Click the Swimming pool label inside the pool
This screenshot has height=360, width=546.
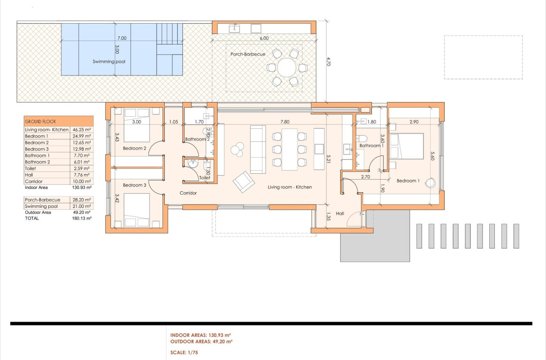[109, 62]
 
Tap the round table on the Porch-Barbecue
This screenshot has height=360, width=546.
[287, 68]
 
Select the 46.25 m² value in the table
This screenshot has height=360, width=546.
[82, 130]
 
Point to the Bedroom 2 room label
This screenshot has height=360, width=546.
[135, 148]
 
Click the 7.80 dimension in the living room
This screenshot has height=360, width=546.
[285, 122]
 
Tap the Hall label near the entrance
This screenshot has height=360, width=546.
[340, 213]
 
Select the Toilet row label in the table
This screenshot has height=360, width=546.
[30, 169]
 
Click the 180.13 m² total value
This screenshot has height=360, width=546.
[82, 218]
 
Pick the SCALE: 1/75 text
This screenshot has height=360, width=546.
[184, 352]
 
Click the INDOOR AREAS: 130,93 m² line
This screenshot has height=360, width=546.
[201, 335]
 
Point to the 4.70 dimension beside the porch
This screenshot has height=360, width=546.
[328, 61]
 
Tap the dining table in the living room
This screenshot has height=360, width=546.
[290, 149]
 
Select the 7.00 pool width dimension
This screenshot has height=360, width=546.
[122, 38]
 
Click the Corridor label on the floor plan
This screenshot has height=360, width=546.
[188, 193]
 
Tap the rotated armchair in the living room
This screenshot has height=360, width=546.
[244, 182]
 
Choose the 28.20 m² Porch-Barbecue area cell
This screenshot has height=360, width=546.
[82, 200]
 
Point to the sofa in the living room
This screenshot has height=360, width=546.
[258, 149]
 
